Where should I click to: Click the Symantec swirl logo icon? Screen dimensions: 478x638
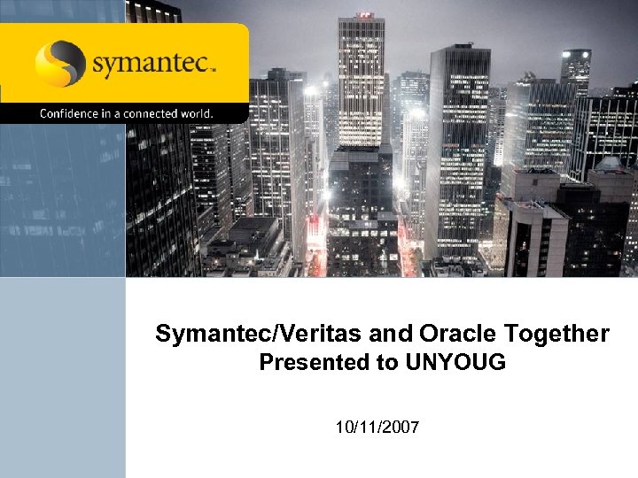coord(60,63)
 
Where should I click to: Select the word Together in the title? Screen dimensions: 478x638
coord(557,334)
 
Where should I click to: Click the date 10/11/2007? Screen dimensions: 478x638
coord(377,428)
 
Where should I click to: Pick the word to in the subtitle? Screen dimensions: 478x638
coord(388,362)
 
